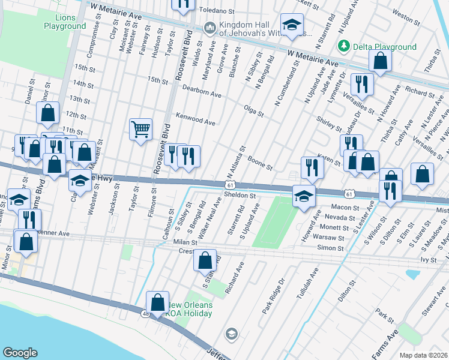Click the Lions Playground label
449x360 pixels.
pyautogui.click(x=65, y=22)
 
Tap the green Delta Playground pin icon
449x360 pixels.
pyautogui.click(x=343, y=46)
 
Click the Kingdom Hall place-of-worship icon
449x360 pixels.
pyautogui.click(x=210, y=28)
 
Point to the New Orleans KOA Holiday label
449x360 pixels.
pyautogui.click(x=189, y=309)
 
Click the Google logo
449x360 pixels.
pyautogui.click(x=20, y=353)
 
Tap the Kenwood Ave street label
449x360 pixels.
pyautogui.click(x=195, y=119)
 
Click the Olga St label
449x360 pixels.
pyautogui.click(x=254, y=110)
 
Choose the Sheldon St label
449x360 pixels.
pyautogui.click(x=240, y=195)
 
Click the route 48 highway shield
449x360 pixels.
pyautogui.click(x=146, y=313)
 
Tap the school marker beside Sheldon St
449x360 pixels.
pyautogui.click(x=304, y=196)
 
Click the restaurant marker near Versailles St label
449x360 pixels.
pyautogui.click(x=361, y=85)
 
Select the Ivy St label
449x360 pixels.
pyautogui.click(x=428, y=260)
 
